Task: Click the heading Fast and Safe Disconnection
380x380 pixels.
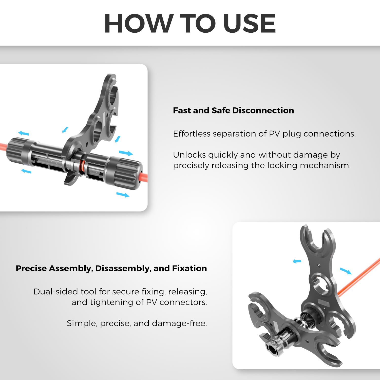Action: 233,110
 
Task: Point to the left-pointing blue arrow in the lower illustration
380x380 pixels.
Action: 297,261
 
